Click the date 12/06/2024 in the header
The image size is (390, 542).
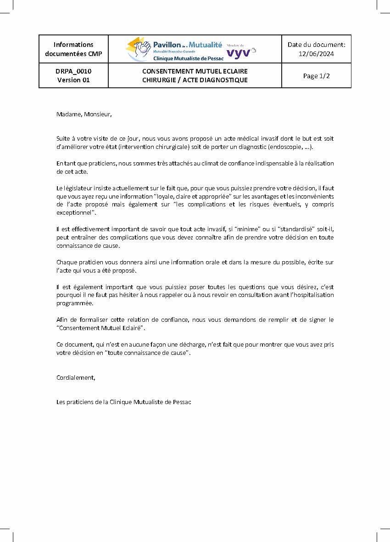coord(316,54)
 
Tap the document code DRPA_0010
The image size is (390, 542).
coord(73,71)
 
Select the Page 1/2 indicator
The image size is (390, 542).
coord(316,76)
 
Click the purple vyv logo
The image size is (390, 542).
coord(239,53)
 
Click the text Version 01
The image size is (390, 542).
coord(73,80)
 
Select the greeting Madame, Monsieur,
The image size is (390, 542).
coord(84,114)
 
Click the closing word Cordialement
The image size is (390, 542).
coord(76,377)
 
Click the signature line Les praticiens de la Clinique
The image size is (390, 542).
coord(123,402)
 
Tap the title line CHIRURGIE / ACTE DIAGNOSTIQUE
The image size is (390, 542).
coord(195,80)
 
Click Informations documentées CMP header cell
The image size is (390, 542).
coord(73,49)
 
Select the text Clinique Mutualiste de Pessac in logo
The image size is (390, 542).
coord(188,58)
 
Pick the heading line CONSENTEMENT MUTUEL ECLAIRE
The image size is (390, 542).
coord(195,71)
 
